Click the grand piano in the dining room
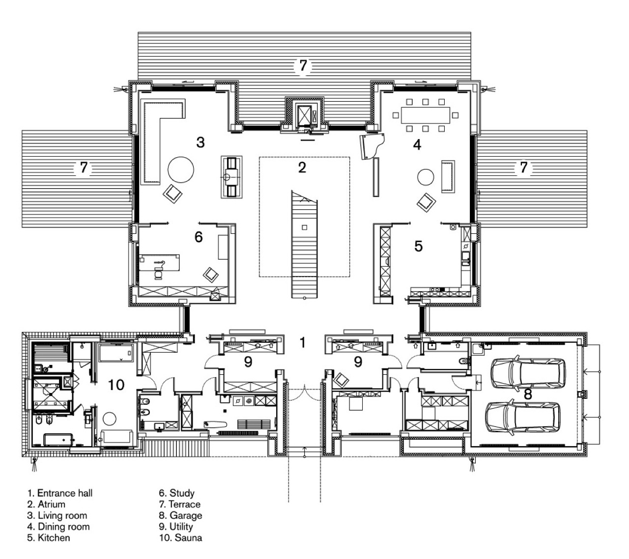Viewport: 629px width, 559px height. click(372, 146)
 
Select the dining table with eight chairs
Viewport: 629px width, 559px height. click(426, 115)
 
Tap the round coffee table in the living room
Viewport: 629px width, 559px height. click(181, 169)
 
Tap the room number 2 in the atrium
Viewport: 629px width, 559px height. click(302, 168)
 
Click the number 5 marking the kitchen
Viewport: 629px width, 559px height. click(418, 246)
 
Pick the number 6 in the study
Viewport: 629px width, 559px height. click(199, 237)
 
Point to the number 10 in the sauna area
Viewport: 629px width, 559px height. click(116, 385)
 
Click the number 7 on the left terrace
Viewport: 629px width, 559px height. click(84, 168)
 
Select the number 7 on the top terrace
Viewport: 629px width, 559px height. click(303, 65)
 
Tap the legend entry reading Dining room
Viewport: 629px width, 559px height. click(58, 527)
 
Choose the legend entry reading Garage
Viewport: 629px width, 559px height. click(180, 515)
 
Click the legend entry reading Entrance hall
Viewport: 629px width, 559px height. click(60, 493)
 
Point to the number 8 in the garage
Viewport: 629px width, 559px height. click(528, 394)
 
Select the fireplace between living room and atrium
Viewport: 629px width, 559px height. click(231, 177)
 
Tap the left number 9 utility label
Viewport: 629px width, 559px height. click(248, 362)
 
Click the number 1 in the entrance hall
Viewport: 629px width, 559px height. click(302, 342)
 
